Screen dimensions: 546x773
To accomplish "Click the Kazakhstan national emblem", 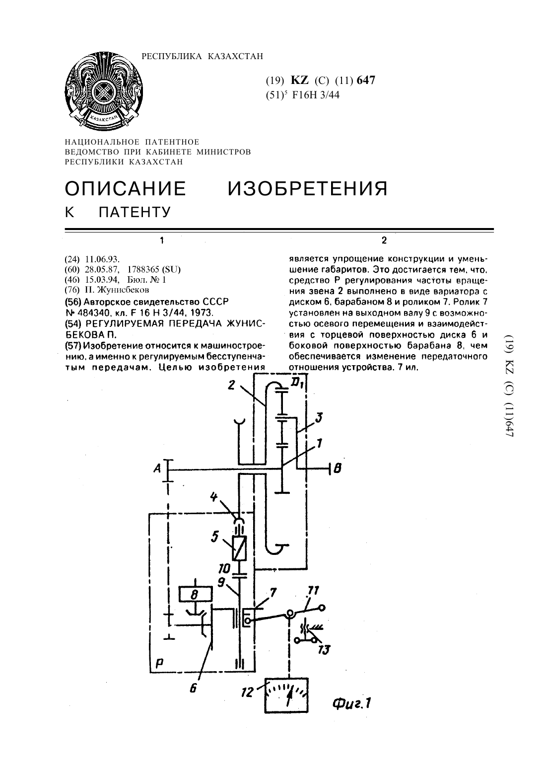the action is pyautogui.click(x=104, y=91).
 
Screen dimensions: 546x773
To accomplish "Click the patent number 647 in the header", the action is pyautogui.click(x=366, y=80).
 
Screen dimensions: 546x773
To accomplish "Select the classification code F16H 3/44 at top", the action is pyautogui.click(x=316, y=95).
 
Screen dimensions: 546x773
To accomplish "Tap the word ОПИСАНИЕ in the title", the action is pyautogui.click(x=126, y=188).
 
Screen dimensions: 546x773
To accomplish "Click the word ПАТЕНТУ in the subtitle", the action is pyautogui.click(x=135, y=212).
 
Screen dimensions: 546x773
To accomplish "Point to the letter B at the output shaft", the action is pyautogui.click(x=338, y=468).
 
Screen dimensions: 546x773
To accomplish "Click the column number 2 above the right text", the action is pyautogui.click(x=384, y=240).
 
